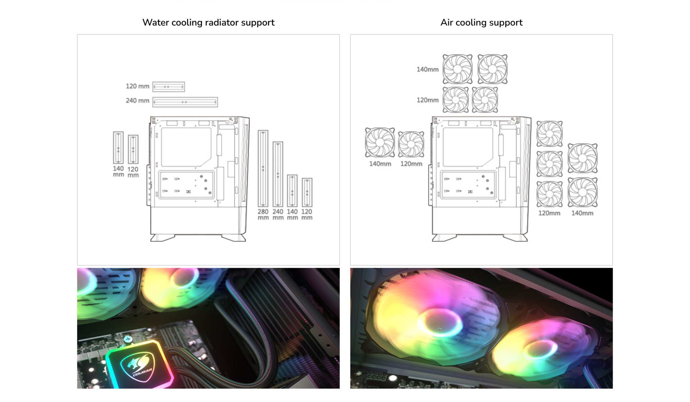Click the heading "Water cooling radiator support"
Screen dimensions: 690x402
(208, 23)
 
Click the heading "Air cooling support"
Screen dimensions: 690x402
(481, 23)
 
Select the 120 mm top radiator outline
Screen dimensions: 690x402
(169, 87)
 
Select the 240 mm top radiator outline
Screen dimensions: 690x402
(185, 102)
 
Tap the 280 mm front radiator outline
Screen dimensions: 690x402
(263, 168)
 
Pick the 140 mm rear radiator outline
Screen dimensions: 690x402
(118, 148)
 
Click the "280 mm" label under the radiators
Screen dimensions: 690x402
(263, 214)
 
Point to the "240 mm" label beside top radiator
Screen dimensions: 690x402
(137, 101)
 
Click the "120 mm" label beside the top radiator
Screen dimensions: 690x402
(137, 86)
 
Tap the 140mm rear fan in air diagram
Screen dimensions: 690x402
(380, 142)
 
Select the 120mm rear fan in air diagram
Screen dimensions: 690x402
(411, 144)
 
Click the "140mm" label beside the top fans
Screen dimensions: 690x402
(427, 69)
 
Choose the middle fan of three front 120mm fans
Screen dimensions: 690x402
(549, 164)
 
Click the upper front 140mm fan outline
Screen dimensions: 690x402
(583, 158)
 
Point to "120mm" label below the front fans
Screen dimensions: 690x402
(549, 213)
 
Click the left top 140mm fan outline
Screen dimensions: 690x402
(457, 69)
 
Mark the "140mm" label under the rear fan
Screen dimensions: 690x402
(380, 164)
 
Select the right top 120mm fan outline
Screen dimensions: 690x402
(485, 100)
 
